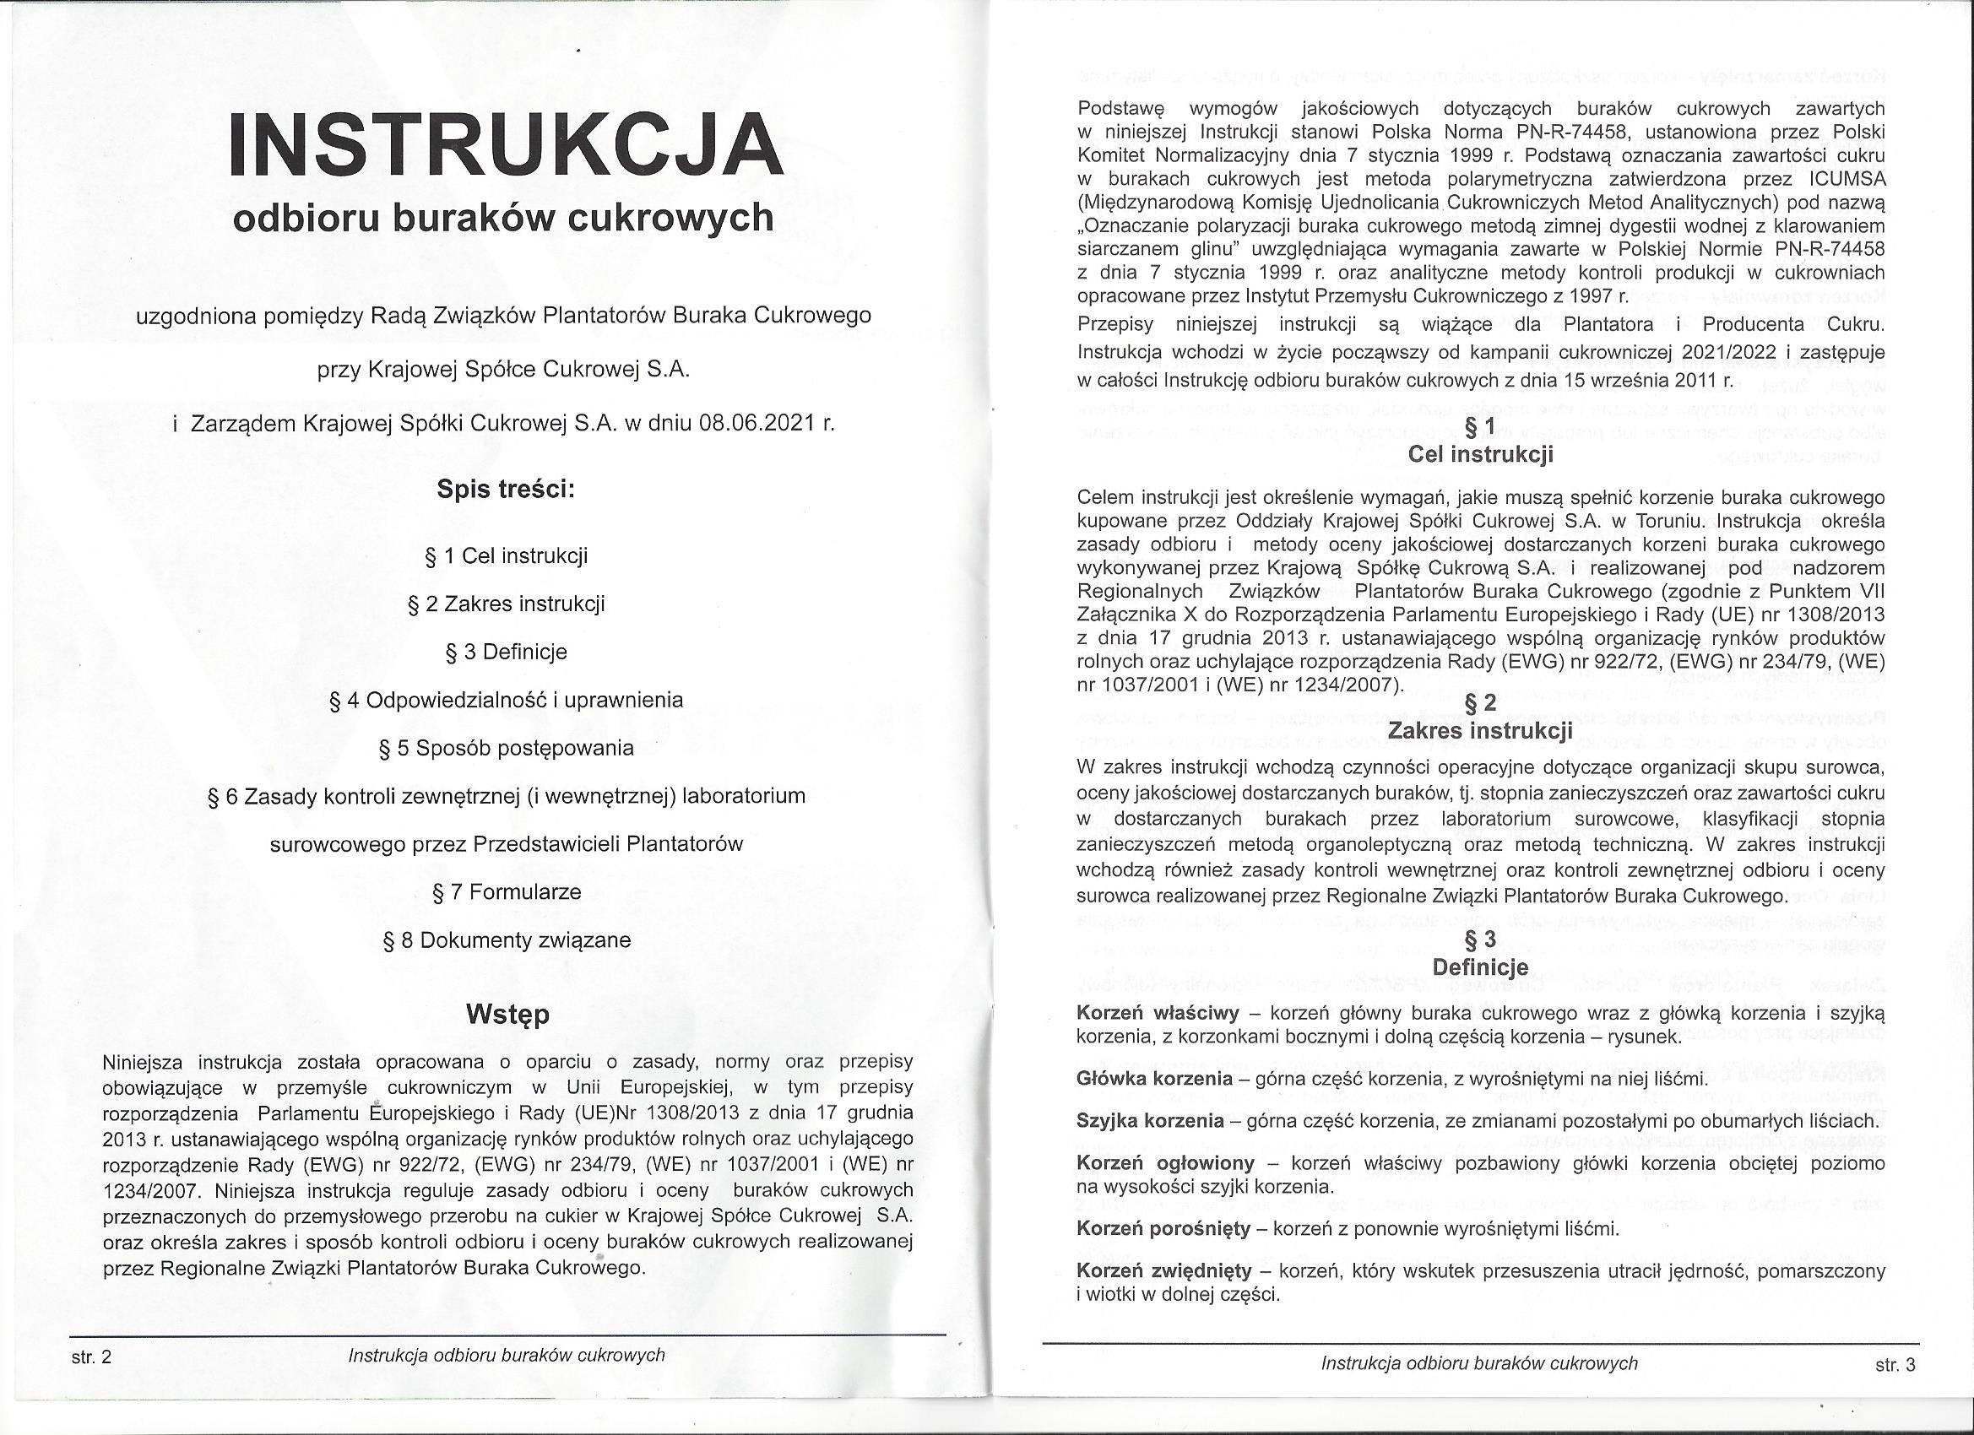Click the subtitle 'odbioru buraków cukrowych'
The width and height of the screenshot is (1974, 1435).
503,218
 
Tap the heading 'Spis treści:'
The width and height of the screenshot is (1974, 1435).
506,489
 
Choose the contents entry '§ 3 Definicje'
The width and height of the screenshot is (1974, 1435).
506,652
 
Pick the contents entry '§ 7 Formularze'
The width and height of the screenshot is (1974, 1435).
506,892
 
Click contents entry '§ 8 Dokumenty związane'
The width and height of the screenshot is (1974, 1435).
506,940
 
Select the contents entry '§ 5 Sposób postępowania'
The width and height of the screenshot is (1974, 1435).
506,749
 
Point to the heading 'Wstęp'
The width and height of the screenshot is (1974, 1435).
507,1015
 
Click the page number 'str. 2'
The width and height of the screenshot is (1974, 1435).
91,1356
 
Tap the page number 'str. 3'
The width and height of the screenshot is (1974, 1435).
1895,1366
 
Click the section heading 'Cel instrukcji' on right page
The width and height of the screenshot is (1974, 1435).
1481,454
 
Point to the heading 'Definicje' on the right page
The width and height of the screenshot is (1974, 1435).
1479,967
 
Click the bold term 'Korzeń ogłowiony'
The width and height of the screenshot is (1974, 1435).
1165,1163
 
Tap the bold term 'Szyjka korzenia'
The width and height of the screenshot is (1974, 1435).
1150,1121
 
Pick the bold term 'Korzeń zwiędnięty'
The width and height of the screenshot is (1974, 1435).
1163,1270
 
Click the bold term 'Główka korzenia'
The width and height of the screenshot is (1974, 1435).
1154,1079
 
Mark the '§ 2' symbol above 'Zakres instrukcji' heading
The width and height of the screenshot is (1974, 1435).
1481,702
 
